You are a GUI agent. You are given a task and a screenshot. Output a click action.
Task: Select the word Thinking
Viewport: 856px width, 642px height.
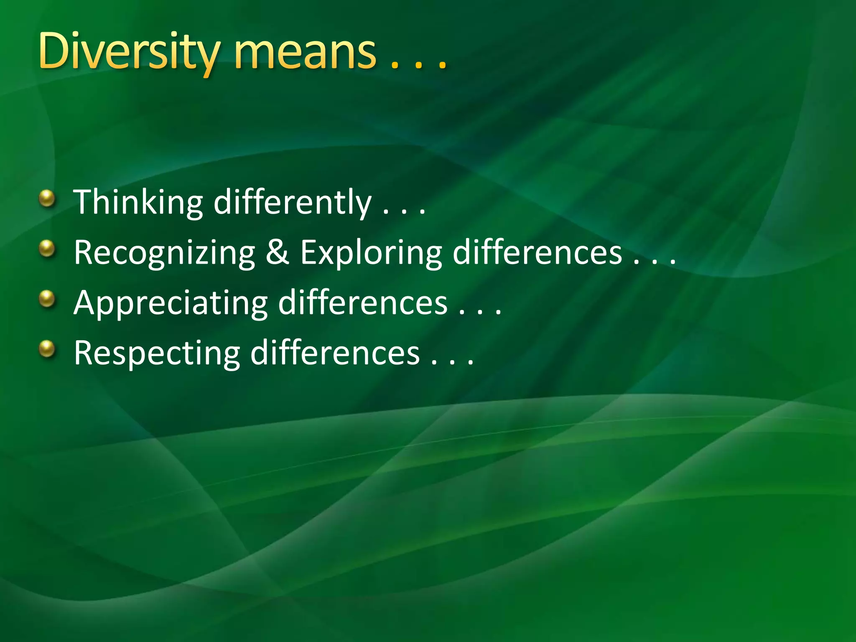[138, 202]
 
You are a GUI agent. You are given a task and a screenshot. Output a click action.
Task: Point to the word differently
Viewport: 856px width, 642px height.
[292, 202]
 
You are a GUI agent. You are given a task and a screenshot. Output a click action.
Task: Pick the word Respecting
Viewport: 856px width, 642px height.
[157, 354]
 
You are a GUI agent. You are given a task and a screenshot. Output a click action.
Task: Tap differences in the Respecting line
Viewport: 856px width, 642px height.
[335, 353]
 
